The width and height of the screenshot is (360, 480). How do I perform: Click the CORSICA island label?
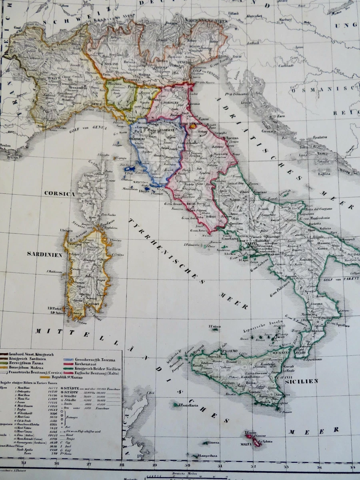click(x=60, y=194)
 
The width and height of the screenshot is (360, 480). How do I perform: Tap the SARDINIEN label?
click(x=44, y=254)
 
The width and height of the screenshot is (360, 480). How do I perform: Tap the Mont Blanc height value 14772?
click(x=52, y=388)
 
